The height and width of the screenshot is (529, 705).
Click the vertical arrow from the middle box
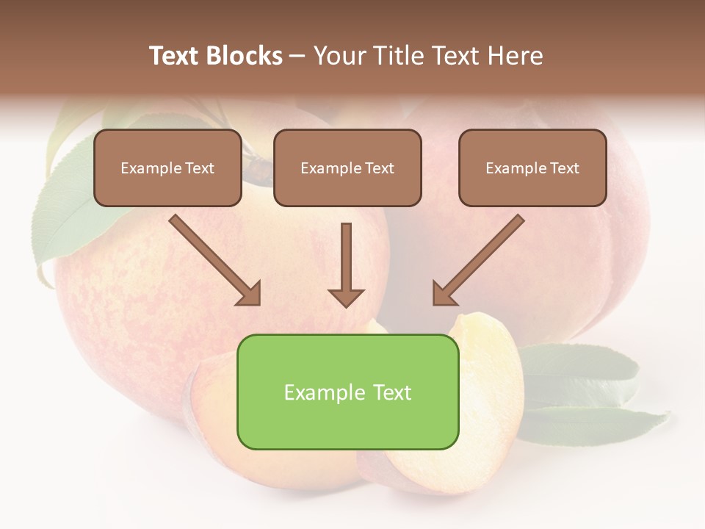pos(345,257)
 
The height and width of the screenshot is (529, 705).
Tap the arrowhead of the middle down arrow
pos(346,297)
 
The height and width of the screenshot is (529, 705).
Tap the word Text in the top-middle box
pos(380,168)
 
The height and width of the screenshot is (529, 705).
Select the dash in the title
pos(297,56)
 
